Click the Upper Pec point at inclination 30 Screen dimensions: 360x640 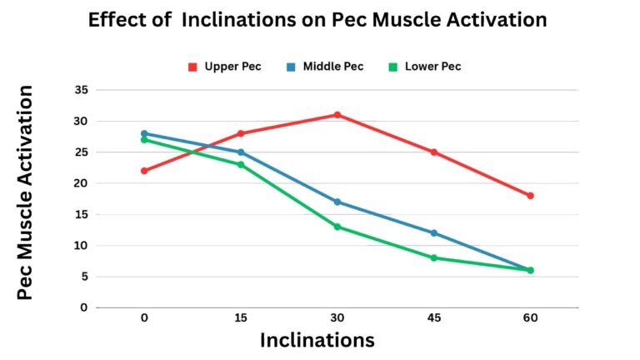tap(337, 115)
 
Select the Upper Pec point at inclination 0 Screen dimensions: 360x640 tap(144, 171)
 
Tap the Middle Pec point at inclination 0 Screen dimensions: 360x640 tap(144, 133)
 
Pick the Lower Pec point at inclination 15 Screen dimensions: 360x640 tap(241, 164)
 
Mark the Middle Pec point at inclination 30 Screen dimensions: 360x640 tap(337, 202)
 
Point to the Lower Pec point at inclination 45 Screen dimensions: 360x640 tap(434, 257)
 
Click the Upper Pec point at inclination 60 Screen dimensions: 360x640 tap(530, 196)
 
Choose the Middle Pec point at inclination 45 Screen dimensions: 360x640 tap(434, 232)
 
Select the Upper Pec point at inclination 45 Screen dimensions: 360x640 tap(434, 152)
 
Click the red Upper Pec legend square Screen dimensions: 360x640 tap(192, 67)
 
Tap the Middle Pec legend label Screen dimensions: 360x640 tap(333, 67)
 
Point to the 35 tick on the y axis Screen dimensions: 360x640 tap(81, 90)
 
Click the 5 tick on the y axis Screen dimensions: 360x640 tap(84, 277)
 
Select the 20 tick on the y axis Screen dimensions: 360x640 tap(81, 183)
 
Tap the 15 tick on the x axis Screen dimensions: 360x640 tap(241, 318)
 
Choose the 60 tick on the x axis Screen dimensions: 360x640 tap(530, 318)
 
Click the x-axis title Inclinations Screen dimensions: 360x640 tap(317, 340)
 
